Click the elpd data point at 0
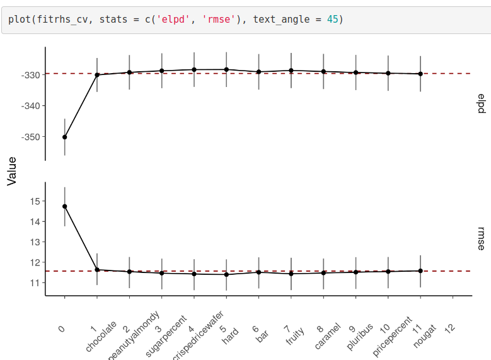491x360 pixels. tap(65, 137)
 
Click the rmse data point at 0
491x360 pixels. tap(65, 206)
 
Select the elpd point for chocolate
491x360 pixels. tap(97, 75)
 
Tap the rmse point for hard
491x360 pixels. tap(226, 274)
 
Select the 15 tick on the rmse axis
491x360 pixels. tap(34, 201)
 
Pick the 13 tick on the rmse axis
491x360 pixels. tap(34, 241)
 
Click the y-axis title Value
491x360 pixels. tap(12, 171)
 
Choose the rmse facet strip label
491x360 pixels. tap(481, 239)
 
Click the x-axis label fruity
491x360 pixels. tap(295, 335)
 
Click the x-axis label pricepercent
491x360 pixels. tap(391, 337)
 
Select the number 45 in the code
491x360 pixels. tap(332, 20)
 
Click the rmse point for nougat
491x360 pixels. tap(420, 271)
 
